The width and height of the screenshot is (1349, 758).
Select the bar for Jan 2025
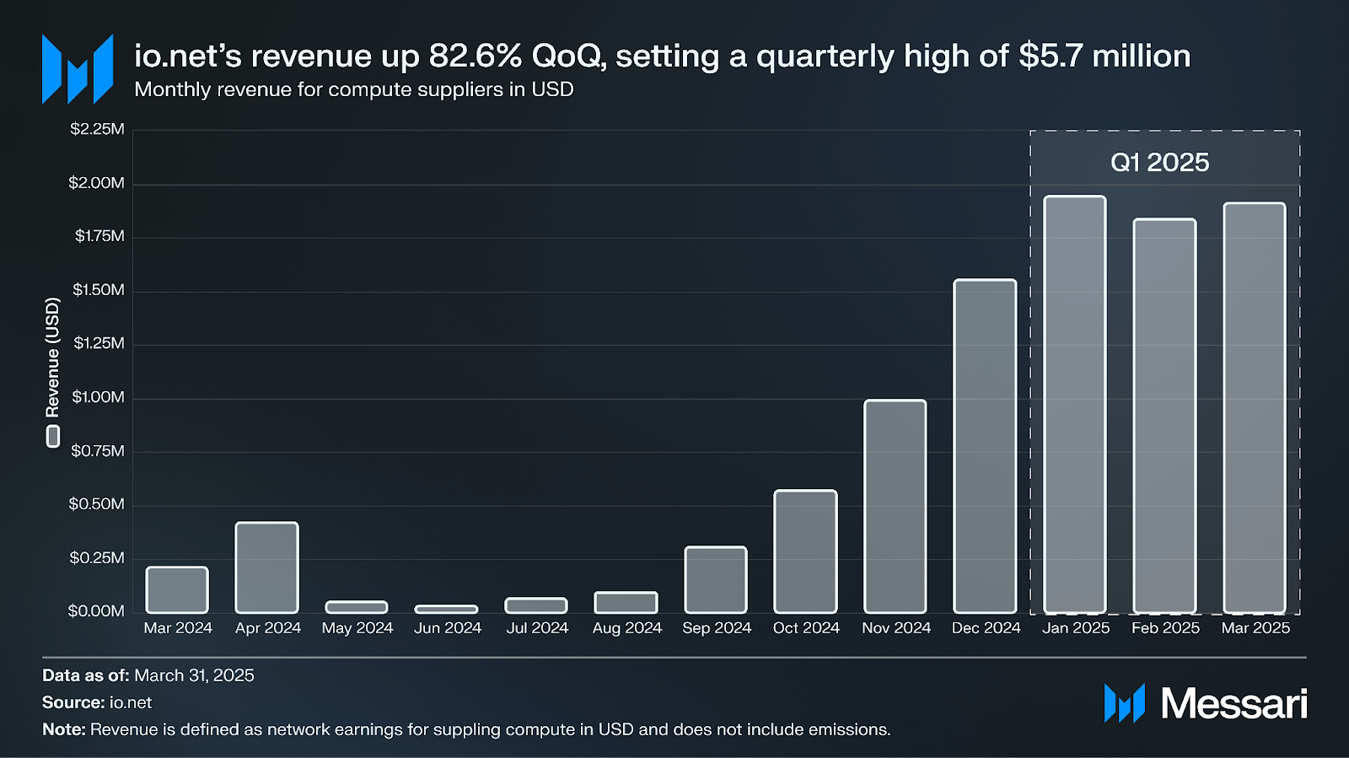click(1074, 405)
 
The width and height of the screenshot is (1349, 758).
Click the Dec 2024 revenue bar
click(985, 447)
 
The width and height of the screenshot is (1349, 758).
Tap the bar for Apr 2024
click(266, 567)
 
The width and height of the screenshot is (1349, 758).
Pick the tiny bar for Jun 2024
click(446, 609)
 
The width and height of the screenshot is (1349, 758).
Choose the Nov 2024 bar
click(895, 506)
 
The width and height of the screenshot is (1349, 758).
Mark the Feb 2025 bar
click(1164, 416)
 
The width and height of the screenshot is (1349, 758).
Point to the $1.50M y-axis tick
click(99, 290)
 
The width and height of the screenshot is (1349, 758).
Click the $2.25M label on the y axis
click(97, 129)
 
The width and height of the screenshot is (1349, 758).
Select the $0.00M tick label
click(96, 610)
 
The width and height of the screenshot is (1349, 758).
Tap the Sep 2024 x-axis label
click(717, 628)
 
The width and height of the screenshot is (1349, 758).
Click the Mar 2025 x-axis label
click(1255, 628)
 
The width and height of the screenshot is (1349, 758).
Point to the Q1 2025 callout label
click(1159, 162)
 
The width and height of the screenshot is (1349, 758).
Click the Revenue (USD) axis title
click(52, 357)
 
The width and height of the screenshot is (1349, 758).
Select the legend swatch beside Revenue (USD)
click(53, 436)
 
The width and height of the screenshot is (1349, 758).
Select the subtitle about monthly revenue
click(353, 89)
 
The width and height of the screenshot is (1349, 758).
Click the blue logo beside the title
click(78, 69)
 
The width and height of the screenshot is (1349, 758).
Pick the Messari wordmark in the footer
click(1233, 703)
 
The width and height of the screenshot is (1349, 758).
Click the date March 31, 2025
click(194, 675)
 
